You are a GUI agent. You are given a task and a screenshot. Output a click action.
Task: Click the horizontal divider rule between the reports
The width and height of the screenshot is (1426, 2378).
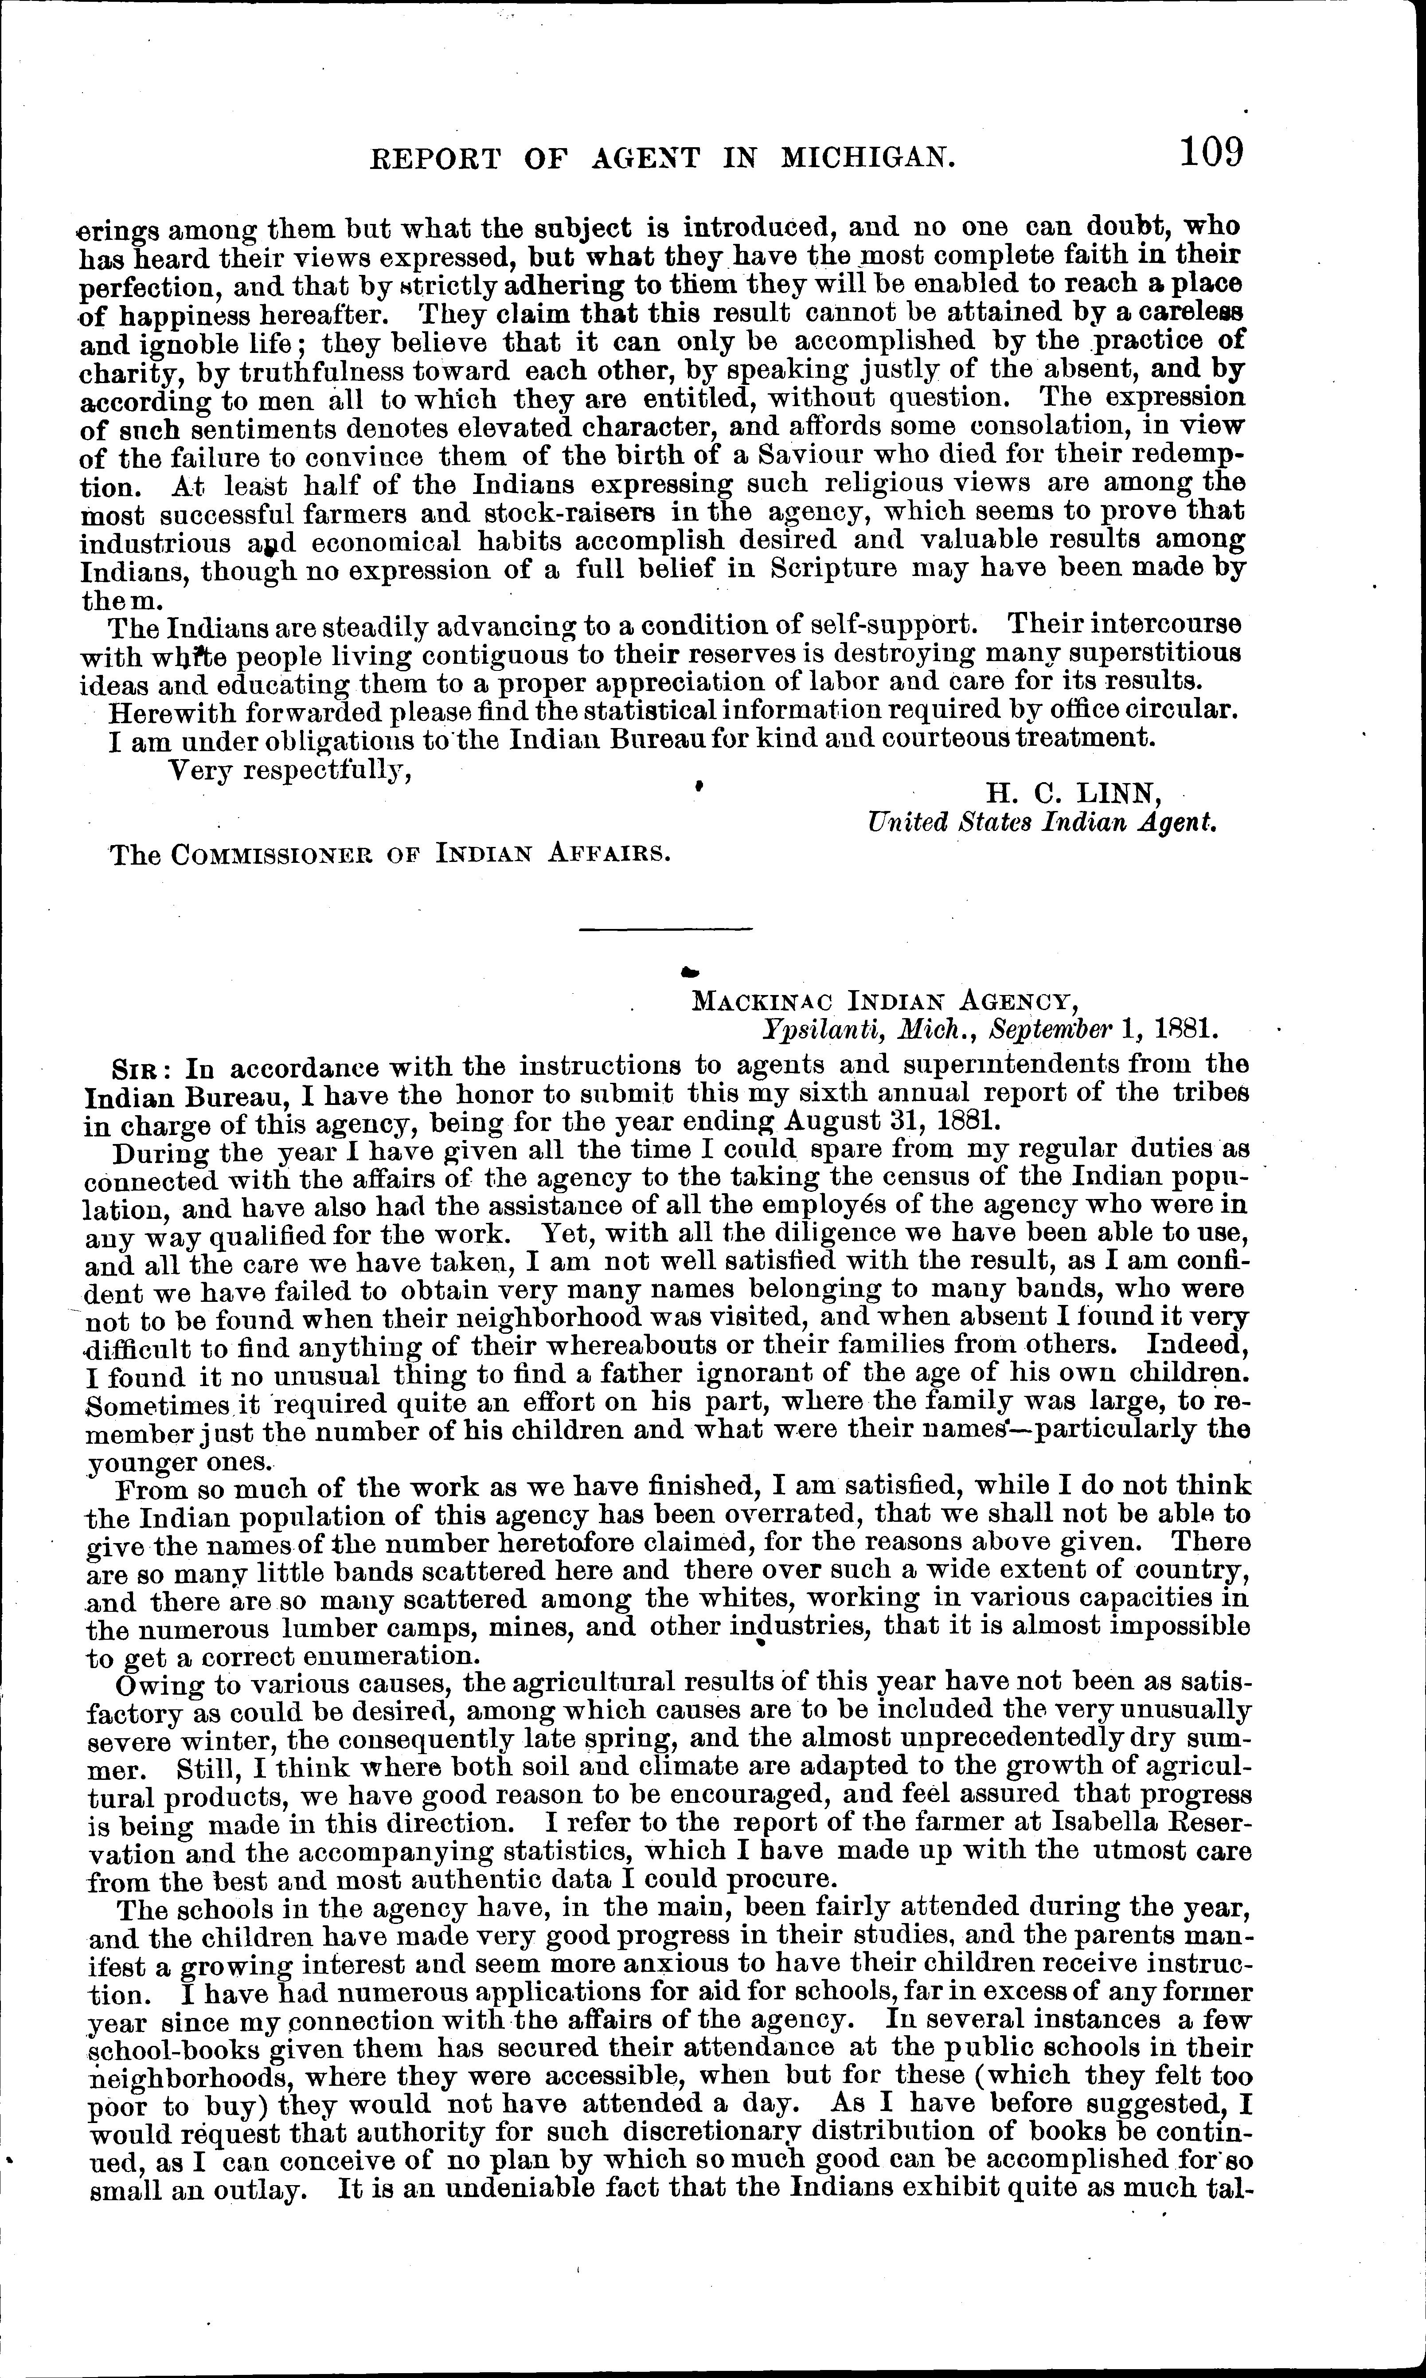(667, 928)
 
